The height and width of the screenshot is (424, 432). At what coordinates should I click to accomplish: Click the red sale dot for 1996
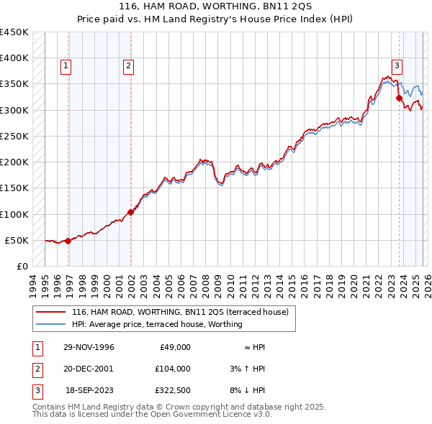click(x=68, y=241)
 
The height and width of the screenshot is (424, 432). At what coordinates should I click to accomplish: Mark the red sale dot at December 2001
click(x=131, y=212)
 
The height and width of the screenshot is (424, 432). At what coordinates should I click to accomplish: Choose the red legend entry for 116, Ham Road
click(x=180, y=312)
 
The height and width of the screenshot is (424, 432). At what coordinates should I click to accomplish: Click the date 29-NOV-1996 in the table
click(x=89, y=347)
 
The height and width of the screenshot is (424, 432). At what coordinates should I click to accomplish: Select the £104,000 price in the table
click(x=172, y=369)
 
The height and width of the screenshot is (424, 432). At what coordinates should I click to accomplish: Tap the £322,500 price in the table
click(x=172, y=390)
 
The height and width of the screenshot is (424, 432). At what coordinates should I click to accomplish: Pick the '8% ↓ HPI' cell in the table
click(x=249, y=390)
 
